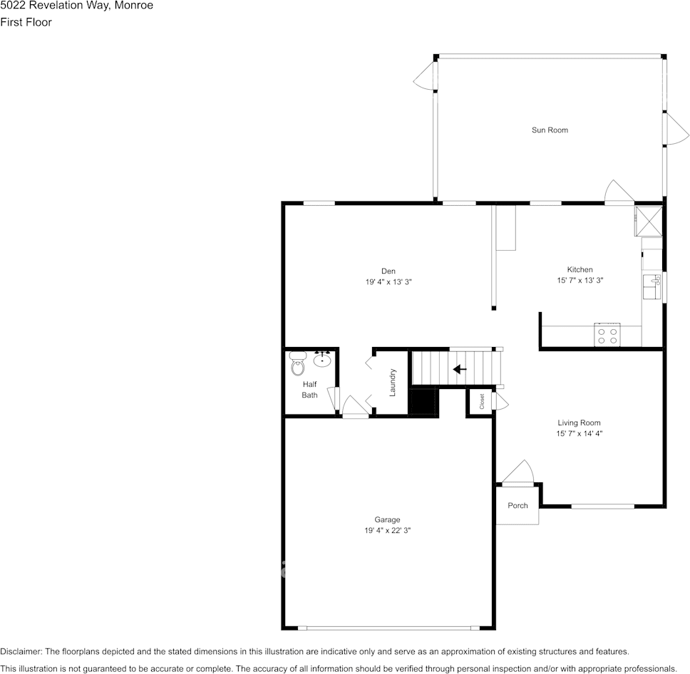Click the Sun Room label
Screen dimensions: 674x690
coord(550,130)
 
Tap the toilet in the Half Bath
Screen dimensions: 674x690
coord(297,366)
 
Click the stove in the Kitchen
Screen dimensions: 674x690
coord(607,335)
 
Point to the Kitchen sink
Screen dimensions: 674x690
coord(652,286)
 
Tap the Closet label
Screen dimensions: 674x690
coord(482,401)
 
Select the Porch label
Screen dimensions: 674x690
coord(517,506)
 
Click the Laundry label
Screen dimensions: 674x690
coord(392,382)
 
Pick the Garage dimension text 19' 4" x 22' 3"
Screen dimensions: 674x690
coord(388,531)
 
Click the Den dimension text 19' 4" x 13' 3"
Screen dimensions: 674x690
coord(388,282)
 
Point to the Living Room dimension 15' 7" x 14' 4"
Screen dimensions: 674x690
coord(579,434)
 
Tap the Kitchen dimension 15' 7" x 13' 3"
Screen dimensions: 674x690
coord(580,281)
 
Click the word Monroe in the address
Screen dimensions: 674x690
coord(133,6)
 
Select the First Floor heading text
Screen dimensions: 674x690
coord(26,22)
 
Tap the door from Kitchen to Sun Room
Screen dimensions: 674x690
coord(617,192)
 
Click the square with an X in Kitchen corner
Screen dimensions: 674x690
coord(648,220)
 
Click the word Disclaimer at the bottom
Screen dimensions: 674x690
coord(21,652)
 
